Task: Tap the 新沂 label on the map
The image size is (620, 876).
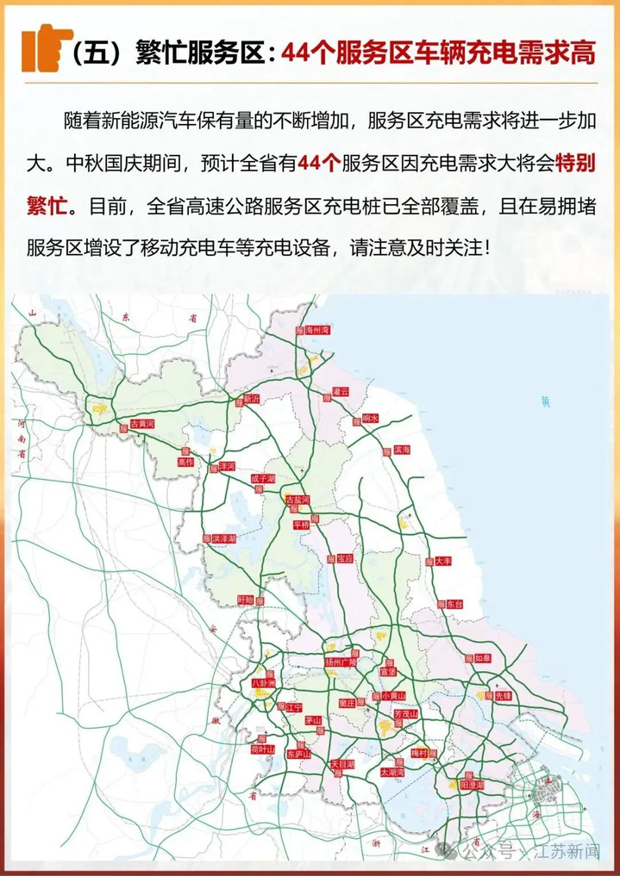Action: click(x=251, y=399)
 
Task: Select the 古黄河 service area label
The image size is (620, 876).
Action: click(x=141, y=425)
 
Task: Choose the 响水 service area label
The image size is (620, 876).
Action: click(x=371, y=418)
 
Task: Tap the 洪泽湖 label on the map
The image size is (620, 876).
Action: click(x=224, y=538)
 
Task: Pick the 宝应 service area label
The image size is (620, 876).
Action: click(x=344, y=558)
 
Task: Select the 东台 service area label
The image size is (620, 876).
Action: click(x=454, y=605)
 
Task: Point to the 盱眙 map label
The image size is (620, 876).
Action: click(x=246, y=599)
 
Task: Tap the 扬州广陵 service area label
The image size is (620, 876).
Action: click(x=341, y=662)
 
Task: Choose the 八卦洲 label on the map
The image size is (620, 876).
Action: click(x=261, y=683)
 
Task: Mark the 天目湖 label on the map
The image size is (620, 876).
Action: click(x=342, y=763)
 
